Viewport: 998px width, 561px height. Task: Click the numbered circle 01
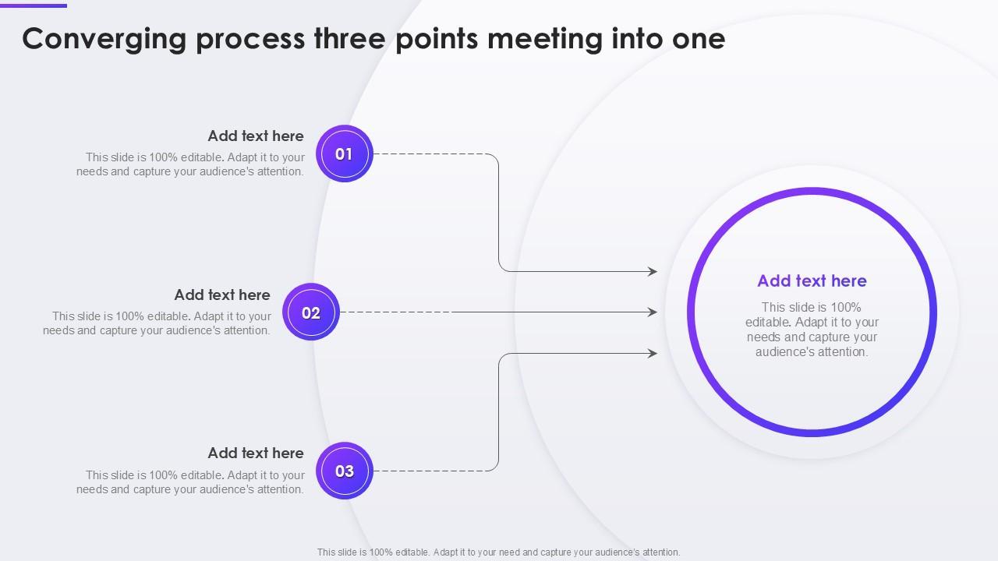coord(344,153)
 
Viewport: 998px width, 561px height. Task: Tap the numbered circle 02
coord(311,312)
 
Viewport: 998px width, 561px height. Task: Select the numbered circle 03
coord(344,471)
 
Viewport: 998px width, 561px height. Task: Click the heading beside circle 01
coord(256,136)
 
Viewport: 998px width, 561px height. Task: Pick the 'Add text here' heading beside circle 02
coord(222,295)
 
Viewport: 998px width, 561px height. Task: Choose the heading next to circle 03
coord(256,453)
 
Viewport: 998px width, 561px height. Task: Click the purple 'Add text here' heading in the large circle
coord(812,280)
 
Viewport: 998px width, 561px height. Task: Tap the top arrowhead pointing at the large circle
coord(653,271)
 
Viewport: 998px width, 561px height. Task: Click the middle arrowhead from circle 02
coord(653,312)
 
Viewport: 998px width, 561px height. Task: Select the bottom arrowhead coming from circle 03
coord(653,353)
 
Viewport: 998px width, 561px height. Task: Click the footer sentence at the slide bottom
coord(498,552)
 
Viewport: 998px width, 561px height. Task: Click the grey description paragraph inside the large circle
coord(812,330)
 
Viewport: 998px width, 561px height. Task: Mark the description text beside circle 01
coord(191,164)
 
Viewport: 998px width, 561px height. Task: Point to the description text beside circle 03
coord(191,482)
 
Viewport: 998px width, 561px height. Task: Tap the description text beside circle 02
coord(157,323)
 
